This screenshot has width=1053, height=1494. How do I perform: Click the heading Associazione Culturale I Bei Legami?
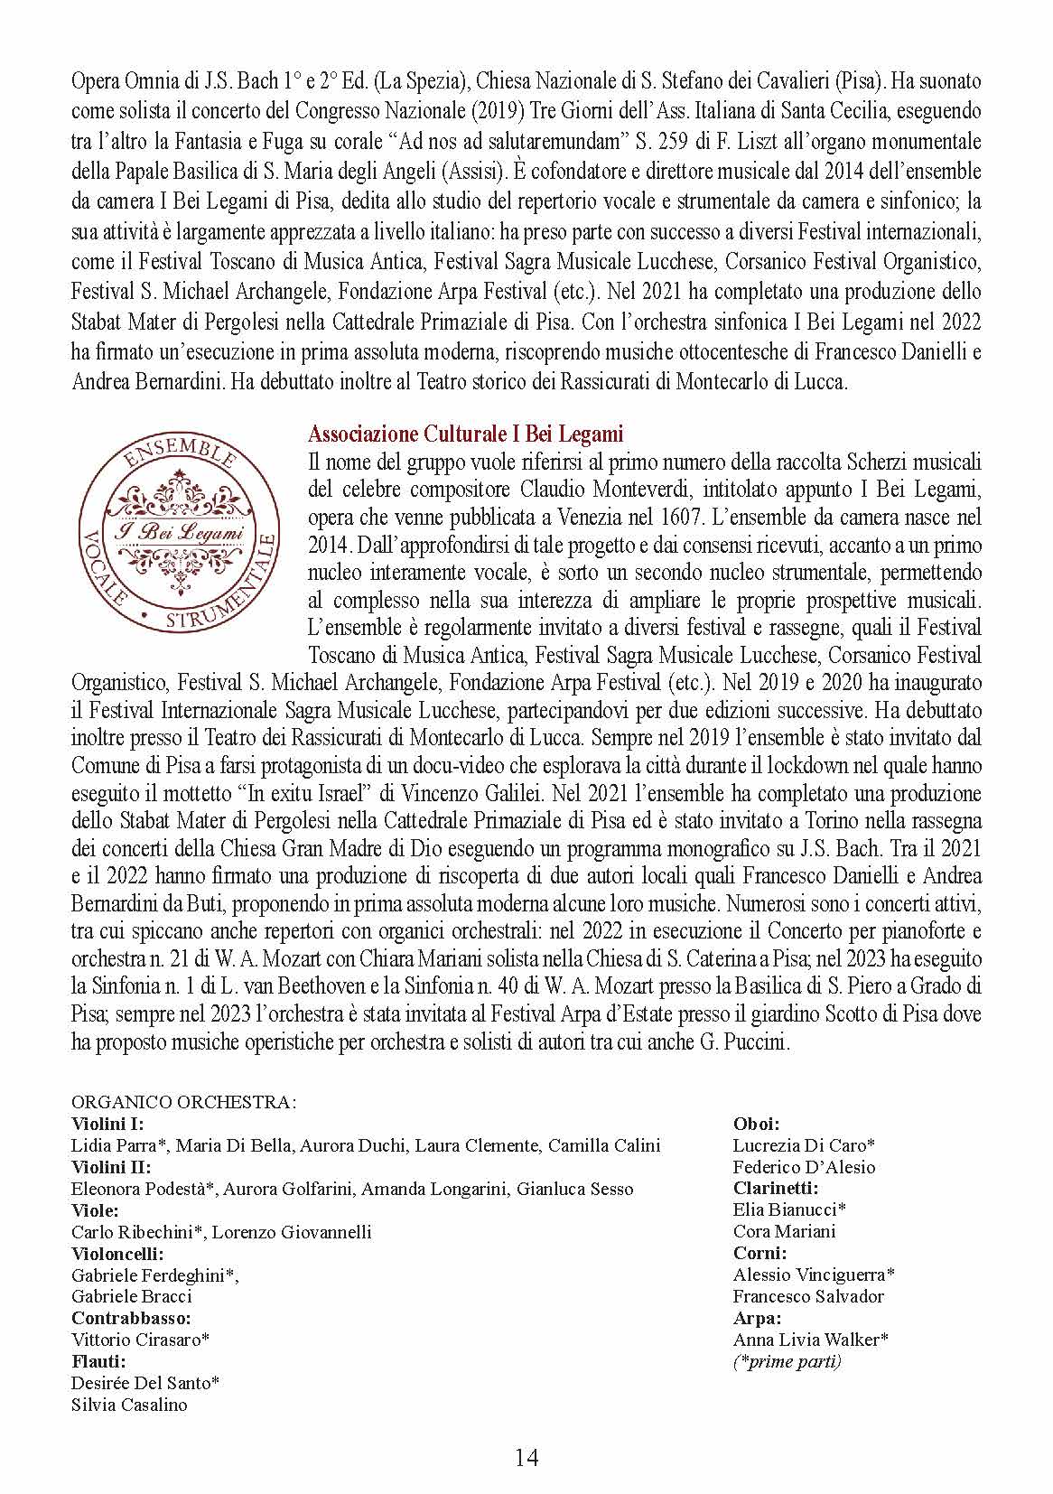465,434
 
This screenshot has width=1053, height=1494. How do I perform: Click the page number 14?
526,1457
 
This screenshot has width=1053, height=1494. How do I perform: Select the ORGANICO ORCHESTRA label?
184,1103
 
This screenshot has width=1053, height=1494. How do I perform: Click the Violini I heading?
107,1125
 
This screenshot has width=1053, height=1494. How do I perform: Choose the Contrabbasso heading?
131,1318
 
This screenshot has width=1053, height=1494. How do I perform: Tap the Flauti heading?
98,1361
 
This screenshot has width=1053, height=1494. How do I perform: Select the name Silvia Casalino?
129,1405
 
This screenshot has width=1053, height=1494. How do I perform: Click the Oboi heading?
756,1125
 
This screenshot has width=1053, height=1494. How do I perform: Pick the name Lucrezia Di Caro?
802,1146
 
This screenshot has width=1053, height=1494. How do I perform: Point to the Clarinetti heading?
776,1189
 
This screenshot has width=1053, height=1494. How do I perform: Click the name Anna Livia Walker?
809,1340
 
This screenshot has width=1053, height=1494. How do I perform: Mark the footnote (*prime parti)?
787,1361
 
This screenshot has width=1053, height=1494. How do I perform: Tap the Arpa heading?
757,1318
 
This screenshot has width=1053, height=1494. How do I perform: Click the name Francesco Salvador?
808,1296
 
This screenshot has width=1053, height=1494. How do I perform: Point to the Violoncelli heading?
117,1254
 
